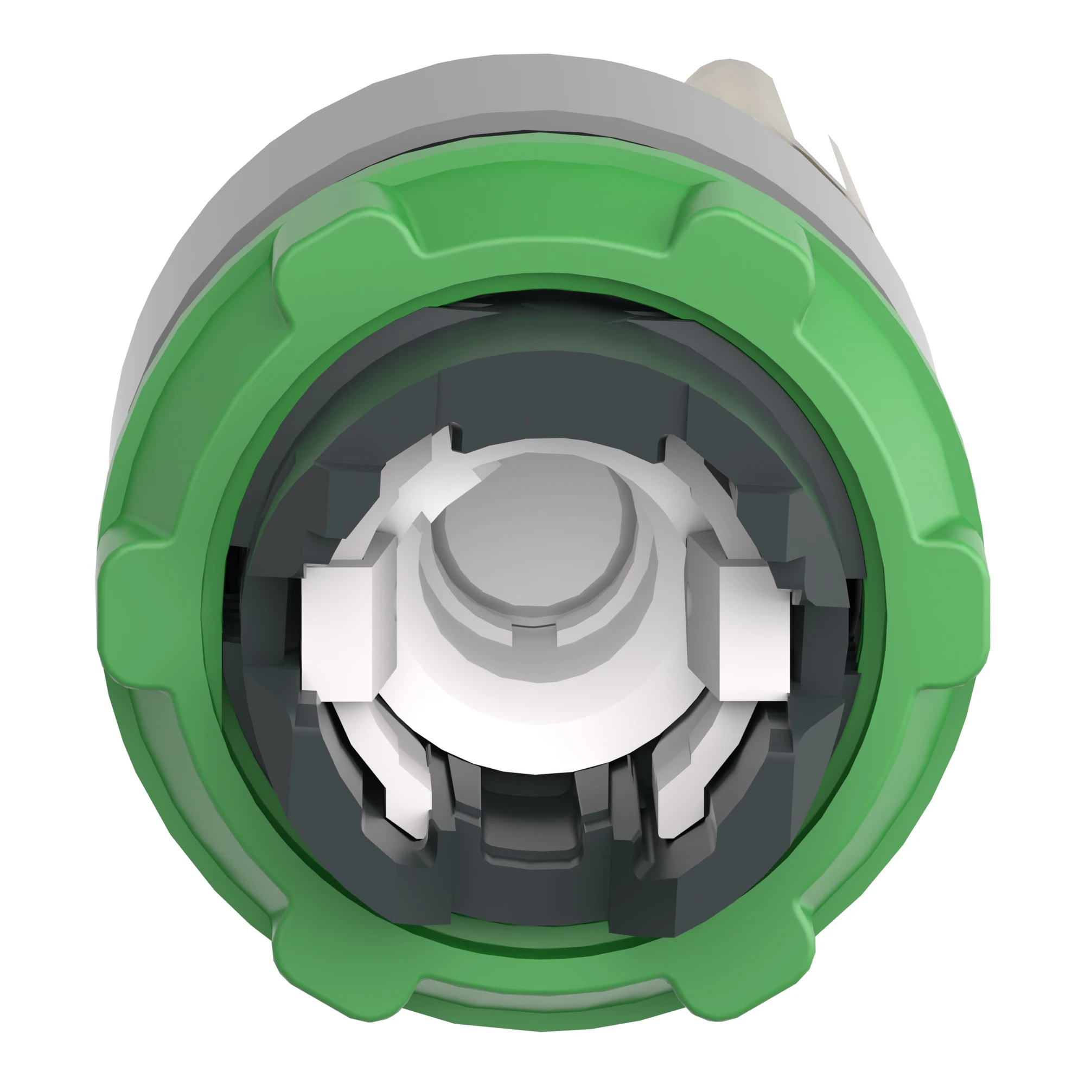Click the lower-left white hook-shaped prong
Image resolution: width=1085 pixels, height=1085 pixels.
coord(407,809)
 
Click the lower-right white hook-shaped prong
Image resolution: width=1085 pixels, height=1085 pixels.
coord(676,809)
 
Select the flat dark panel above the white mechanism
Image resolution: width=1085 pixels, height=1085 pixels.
coord(561,404)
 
